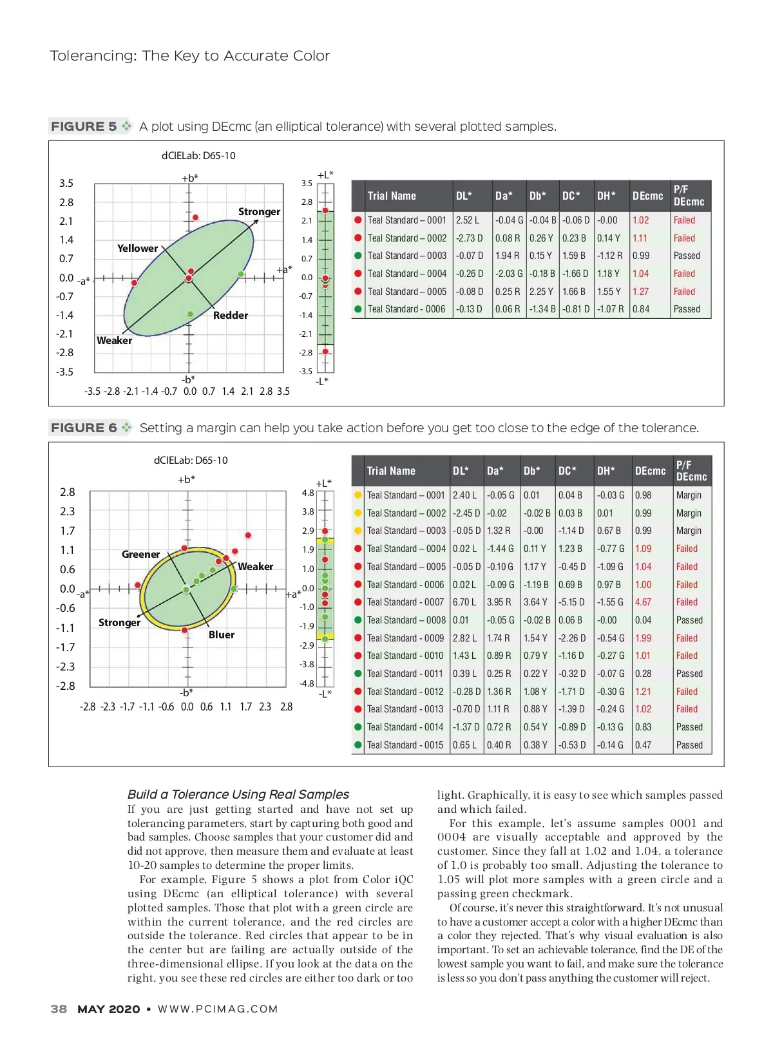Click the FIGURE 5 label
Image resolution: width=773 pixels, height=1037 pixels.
tap(84, 126)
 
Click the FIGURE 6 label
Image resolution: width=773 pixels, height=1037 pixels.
tap(84, 428)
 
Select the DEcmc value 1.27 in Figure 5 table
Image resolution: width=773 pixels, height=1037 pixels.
tap(640, 291)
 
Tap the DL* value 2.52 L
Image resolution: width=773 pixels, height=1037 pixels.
tap(467, 220)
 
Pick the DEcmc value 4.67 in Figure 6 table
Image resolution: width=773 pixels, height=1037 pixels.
tap(643, 602)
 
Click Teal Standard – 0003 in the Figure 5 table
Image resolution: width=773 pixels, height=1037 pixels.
tap(406, 256)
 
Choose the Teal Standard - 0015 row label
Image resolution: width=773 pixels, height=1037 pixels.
tap(405, 745)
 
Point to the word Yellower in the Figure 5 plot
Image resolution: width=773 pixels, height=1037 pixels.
tap(137, 248)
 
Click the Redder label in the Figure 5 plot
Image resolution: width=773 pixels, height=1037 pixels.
tap(231, 315)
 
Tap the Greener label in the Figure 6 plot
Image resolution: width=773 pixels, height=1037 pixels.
tap(140, 554)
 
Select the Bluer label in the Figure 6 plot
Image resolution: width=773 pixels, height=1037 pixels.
tap(222, 634)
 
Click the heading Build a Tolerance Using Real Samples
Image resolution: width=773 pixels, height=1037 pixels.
tap(238, 794)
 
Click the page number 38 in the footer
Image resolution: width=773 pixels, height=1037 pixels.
tap(59, 1009)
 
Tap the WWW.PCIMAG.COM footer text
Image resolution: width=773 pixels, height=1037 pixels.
tap(218, 1009)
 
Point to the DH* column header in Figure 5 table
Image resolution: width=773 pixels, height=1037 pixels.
tap(606, 196)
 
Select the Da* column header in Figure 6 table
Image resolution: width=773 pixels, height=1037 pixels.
tap(495, 471)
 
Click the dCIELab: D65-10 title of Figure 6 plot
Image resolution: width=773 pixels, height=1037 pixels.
tap(191, 460)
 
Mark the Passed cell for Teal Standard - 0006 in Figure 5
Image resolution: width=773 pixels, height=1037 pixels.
tap(687, 309)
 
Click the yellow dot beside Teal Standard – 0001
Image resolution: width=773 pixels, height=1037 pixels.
tap(358, 495)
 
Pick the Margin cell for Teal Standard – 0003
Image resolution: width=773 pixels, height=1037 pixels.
tap(689, 531)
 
